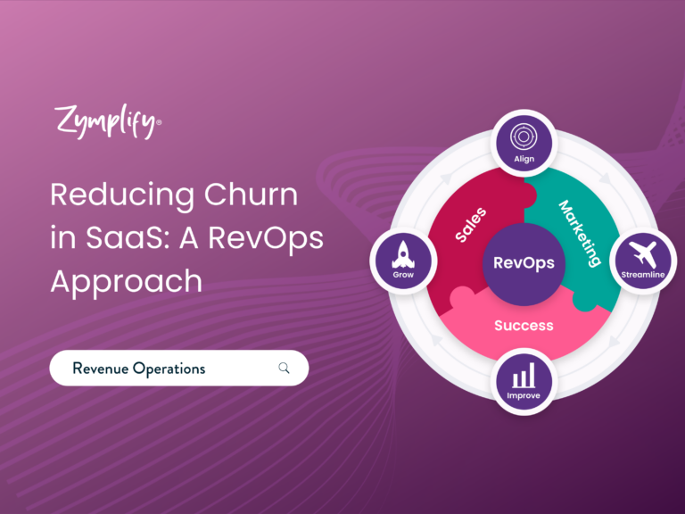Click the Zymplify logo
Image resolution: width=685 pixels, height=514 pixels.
(x=107, y=121)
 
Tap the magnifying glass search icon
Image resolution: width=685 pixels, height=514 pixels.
(x=284, y=368)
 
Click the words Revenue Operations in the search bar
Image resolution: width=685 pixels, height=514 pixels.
(x=139, y=369)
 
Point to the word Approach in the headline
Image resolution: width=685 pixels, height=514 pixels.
(x=127, y=282)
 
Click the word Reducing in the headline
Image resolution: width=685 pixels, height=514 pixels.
(x=122, y=195)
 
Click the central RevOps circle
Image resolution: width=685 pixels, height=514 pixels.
(x=524, y=264)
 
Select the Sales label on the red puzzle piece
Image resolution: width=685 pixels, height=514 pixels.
(x=471, y=225)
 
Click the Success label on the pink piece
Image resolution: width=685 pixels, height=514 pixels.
(x=524, y=326)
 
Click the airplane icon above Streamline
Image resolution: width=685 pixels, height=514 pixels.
(x=642, y=254)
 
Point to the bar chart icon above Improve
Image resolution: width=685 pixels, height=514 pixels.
(x=524, y=375)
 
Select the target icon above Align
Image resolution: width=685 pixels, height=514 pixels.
(x=524, y=137)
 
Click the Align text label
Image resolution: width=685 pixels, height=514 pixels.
(x=524, y=159)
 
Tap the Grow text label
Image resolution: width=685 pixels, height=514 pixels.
(x=403, y=275)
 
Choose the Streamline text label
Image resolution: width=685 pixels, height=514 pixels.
(x=642, y=275)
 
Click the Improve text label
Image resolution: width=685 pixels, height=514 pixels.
(x=524, y=396)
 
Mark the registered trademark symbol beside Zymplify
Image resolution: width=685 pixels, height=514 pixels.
(x=159, y=122)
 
